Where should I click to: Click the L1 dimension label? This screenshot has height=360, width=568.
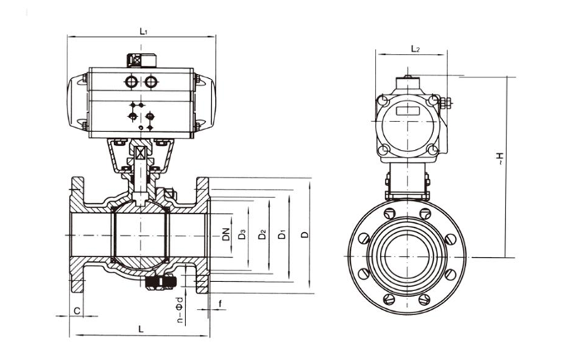143,31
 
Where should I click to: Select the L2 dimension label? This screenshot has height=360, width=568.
416,49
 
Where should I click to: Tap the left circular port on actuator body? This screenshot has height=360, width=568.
132,83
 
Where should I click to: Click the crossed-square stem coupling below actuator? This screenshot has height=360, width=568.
140,153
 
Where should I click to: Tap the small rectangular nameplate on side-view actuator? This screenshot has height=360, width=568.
408,111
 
